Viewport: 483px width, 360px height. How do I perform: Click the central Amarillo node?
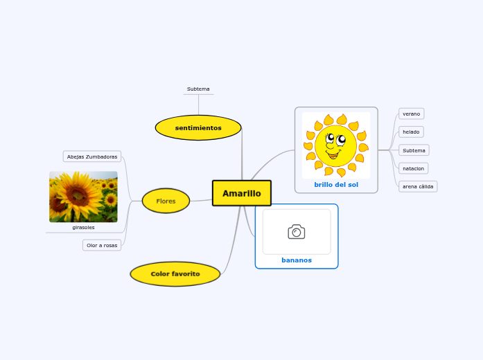(x=241, y=193)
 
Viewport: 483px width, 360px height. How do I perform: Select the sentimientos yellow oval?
(x=198, y=128)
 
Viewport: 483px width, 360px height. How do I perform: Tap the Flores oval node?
(x=166, y=201)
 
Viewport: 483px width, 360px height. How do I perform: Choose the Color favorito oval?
(x=175, y=274)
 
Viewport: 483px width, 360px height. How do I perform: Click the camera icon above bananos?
(x=297, y=232)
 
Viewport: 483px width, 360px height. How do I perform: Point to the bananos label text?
(x=297, y=260)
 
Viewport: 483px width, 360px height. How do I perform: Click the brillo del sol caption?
(x=336, y=185)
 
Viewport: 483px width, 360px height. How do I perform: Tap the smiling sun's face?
(x=335, y=145)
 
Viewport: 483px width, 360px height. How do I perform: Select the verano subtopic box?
(x=412, y=114)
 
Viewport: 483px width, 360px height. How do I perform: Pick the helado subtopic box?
(x=412, y=132)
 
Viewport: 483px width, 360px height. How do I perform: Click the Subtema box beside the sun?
(x=414, y=150)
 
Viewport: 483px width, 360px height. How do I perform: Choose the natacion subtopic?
(x=414, y=168)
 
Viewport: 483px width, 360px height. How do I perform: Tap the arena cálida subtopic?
(x=418, y=186)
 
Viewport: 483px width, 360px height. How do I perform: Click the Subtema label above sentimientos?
(x=198, y=89)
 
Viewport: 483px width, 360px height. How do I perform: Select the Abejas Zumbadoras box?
(x=92, y=156)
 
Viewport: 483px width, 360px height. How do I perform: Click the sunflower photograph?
(x=83, y=197)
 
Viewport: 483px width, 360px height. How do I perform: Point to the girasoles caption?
(x=83, y=227)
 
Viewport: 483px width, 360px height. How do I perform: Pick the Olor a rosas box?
(x=102, y=245)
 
